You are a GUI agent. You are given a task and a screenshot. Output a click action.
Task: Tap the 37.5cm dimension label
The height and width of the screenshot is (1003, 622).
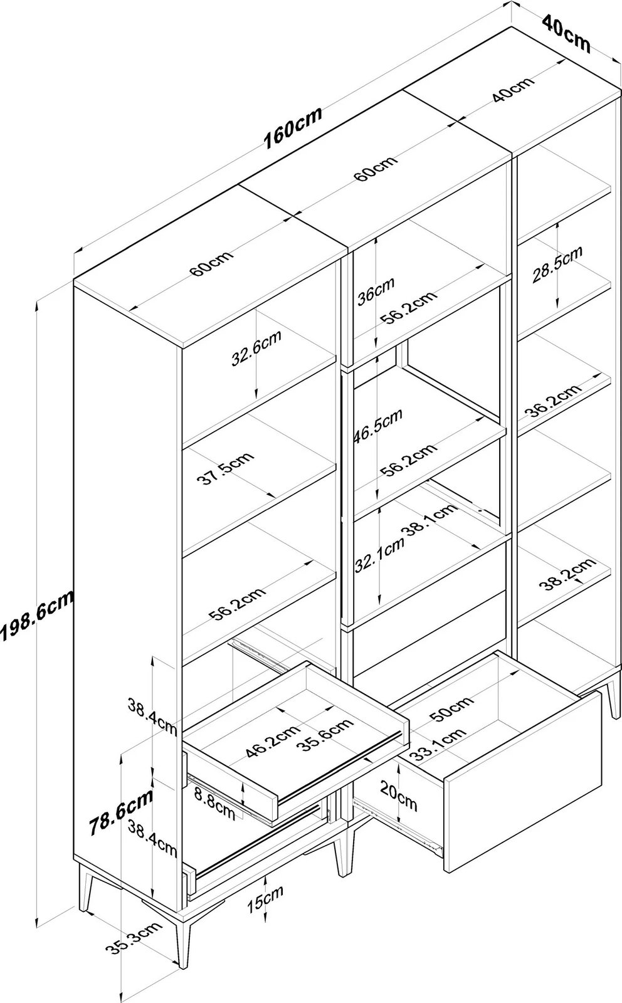[225, 467]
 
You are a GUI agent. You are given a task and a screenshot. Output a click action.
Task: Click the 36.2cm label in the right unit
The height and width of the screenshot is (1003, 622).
[552, 402]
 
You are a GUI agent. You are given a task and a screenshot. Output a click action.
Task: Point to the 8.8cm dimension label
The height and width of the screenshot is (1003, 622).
[213, 802]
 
